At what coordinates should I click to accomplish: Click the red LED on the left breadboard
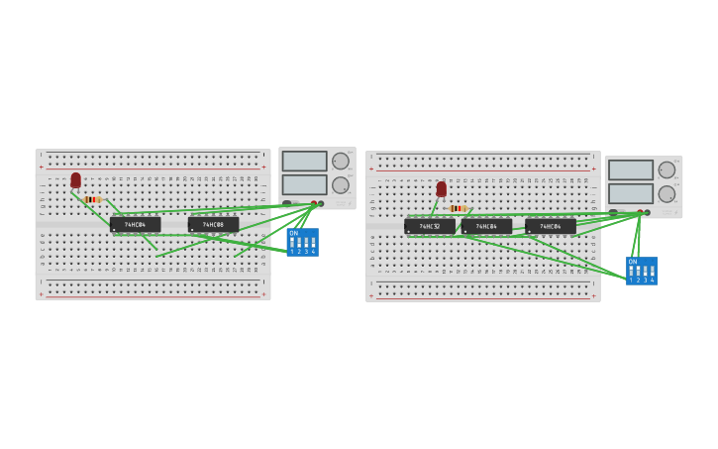(75, 180)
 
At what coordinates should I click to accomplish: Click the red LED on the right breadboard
(442, 189)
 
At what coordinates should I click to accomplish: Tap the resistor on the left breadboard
(93, 199)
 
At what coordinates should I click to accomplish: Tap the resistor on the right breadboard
(458, 208)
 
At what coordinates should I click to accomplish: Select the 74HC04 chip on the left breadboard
(135, 225)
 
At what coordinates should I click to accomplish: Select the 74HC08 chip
(213, 225)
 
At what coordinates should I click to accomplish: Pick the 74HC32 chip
(430, 226)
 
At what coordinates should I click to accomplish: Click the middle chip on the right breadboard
(486, 226)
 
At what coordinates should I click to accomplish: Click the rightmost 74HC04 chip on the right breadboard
(551, 226)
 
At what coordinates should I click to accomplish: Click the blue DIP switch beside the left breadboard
(302, 243)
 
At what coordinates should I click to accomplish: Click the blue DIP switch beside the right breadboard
(642, 272)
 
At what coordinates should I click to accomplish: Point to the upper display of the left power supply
(304, 162)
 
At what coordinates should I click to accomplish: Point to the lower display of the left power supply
(304, 184)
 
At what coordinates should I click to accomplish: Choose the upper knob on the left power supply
(341, 161)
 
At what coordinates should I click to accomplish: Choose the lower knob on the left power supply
(341, 184)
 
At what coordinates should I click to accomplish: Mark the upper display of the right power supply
(631, 170)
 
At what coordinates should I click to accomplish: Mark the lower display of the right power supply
(631, 193)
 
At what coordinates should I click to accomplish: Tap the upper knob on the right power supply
(667, 169)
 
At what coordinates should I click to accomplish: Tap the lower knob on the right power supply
(667, 193)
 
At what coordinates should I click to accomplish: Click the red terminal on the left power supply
(314, 203)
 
